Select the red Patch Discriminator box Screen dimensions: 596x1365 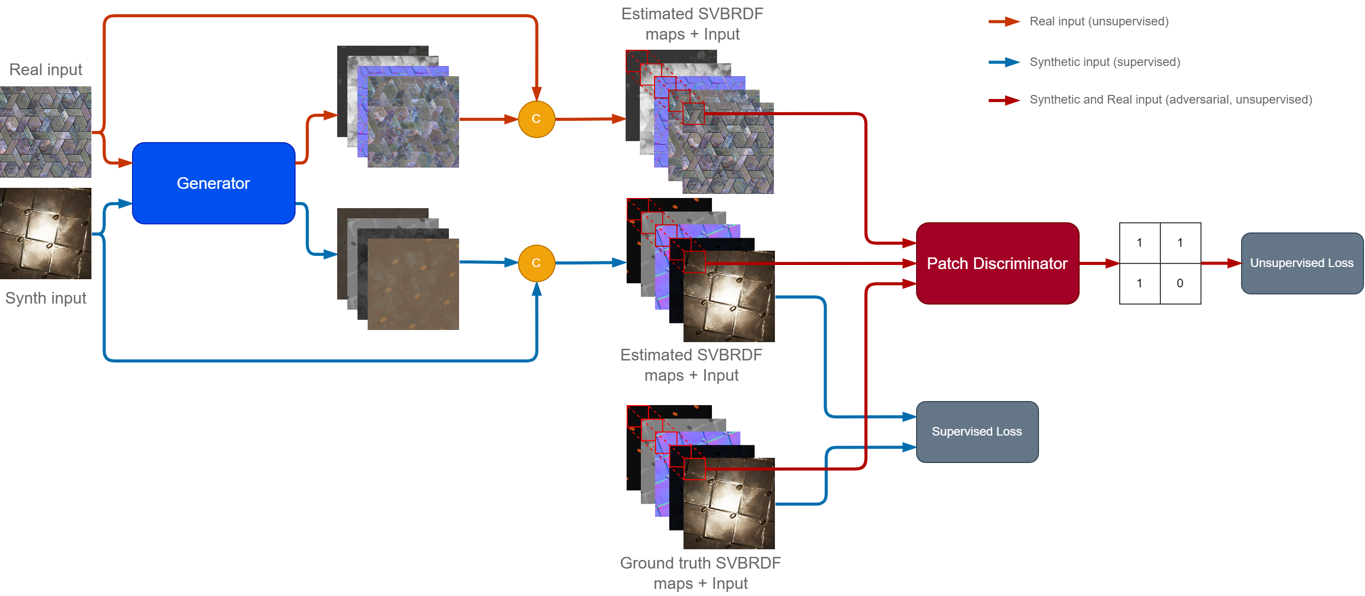click(x=997, y=263)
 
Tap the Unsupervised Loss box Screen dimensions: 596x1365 click(x=1302, y=263)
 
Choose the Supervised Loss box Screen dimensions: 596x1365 click(x=977, y=432)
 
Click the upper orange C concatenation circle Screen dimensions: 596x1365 click(x=536, y=119)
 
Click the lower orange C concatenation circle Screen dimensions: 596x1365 click(x=536, y=263)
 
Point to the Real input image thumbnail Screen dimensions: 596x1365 click(x=46, y=132)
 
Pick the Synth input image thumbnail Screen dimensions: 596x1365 click(x=46, y=234)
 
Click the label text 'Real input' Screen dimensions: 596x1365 click(x=46, y=70)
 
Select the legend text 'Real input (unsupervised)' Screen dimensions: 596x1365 click(x=1098, y=22)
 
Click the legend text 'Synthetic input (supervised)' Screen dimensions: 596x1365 click(x=1104, y=62)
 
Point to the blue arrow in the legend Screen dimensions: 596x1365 click(x=1004, y=62)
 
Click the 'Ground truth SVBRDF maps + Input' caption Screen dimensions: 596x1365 click(x=700, y=573)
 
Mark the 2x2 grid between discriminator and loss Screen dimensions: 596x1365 click(x=1160, y=263)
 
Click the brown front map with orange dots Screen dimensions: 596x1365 click(x=413, y=284)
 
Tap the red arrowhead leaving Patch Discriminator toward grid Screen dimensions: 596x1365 click(x=1112, y=263)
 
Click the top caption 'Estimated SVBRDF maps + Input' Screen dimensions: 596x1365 click(x=692, y=24)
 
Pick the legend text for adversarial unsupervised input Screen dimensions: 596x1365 click(x=1171, y=100)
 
